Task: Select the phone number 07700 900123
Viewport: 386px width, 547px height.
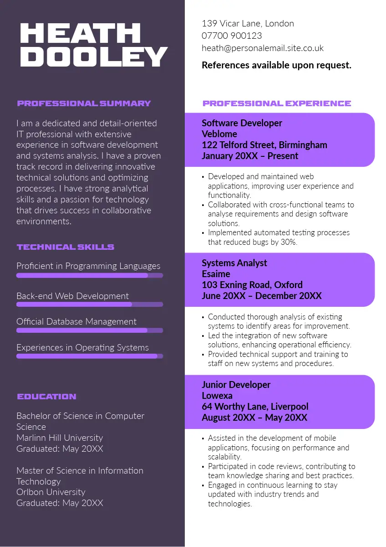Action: [232, 36]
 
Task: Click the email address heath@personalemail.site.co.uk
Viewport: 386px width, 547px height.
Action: [263, 48]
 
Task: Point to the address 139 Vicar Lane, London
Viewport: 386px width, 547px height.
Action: [248, 23]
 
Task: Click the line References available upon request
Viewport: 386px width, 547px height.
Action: [276, 65]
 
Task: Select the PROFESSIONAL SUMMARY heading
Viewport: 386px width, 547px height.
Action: [84, 103]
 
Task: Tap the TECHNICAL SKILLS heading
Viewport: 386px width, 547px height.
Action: [66, 247]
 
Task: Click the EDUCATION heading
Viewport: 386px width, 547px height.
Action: [46, 397]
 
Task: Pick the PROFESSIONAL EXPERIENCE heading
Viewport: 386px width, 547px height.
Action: [277, 103]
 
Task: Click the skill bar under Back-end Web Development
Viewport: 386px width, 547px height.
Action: [90, 304]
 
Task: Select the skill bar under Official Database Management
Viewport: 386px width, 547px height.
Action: [90, 330]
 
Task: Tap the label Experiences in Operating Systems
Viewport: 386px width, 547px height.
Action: [82, 347]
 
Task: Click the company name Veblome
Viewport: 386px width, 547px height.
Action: [219, 134]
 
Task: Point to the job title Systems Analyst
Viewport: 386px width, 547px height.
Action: [234, 263]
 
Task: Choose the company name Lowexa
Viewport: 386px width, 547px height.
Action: [217, 396]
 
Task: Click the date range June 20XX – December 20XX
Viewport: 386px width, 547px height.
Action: [262, 296]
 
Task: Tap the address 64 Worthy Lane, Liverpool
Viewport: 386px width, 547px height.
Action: [255, 407]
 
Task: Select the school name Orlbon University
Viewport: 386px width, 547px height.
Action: [51, 492]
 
